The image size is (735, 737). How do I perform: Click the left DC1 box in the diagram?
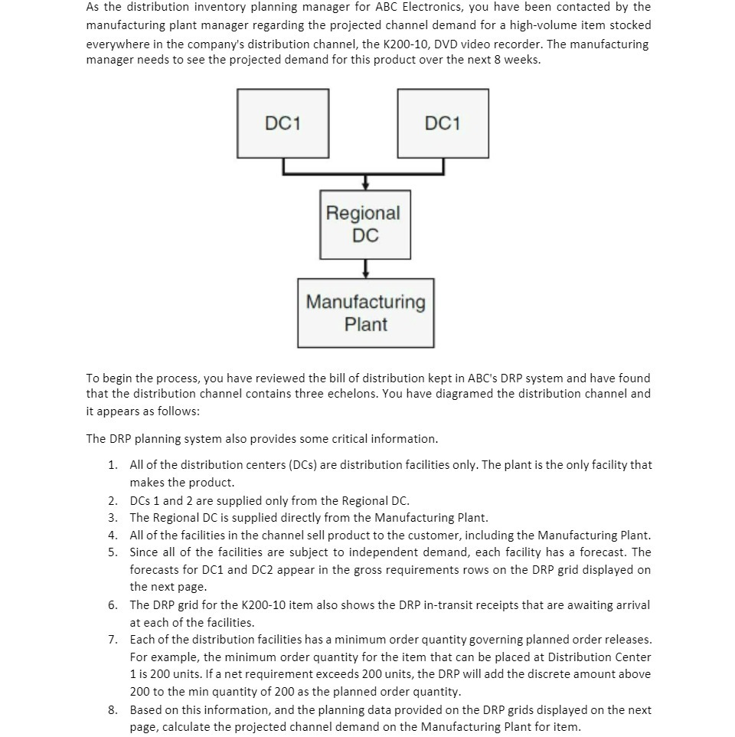(283, 123)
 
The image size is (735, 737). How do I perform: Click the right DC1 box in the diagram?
(443, 123)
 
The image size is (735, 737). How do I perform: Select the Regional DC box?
(365, 224)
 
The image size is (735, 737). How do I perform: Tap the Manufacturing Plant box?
(365, 313)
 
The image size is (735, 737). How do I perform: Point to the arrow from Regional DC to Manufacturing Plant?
(366, 268)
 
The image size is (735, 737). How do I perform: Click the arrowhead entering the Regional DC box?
(366, 185)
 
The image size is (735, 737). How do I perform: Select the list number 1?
(113, 465)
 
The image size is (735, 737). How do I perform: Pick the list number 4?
(113, 536)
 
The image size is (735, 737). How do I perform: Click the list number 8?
(113, 710)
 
